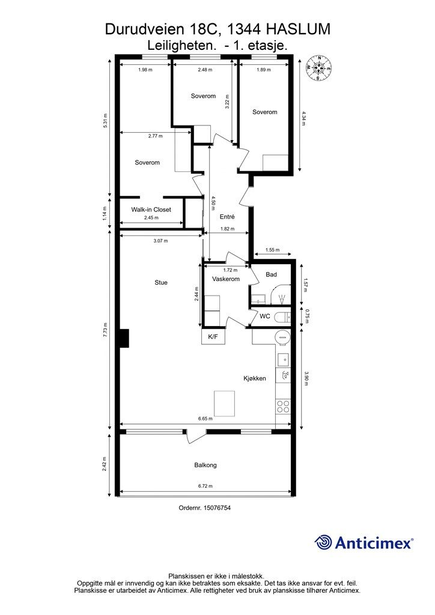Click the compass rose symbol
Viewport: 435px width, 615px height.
[x=319, y=68]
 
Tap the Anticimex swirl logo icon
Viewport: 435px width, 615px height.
[x=323, y=542]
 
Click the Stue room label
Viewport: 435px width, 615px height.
[x=161, y=282]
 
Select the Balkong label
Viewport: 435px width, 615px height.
[x=205, y=465]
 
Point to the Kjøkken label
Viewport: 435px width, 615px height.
[x=255, y=378]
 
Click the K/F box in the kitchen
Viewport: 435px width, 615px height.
[x=213, y=336]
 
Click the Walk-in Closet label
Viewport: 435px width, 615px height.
[x=151, y=210]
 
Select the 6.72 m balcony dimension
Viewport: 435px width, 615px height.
[x=205, y=486]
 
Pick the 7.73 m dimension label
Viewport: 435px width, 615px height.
[x=105, y=330]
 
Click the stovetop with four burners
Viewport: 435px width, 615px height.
[x=283, y=406]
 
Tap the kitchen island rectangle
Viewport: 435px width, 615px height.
[x=224, y=403]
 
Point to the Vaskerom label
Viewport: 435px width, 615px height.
[x=225, y=279]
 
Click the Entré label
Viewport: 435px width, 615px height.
[x=227, y=216]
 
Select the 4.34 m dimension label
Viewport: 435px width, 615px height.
[x=303, y=118]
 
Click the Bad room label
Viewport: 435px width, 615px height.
[x=271, y=274]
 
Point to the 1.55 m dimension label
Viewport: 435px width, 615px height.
[x=272, y=250]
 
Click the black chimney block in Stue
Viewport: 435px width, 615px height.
[x=124, y=338]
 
